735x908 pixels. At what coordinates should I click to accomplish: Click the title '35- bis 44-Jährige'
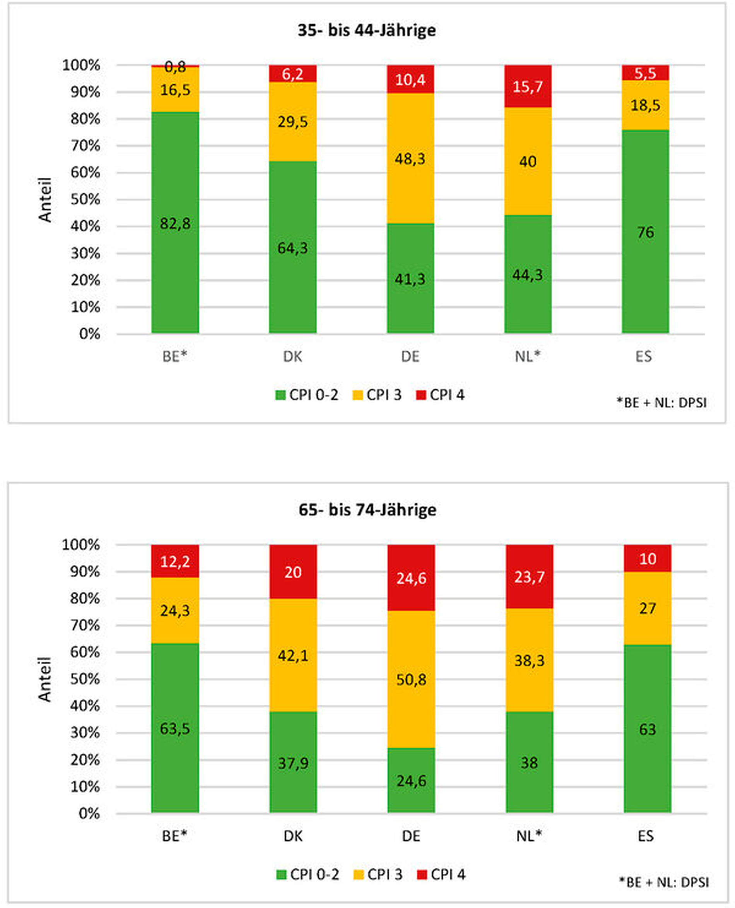pos(367,31)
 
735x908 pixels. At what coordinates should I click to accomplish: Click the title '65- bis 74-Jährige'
pos(367,510)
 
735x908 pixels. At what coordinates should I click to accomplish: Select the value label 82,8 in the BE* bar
pos(175,224)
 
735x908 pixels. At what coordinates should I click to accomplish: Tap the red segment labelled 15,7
pos(528,87)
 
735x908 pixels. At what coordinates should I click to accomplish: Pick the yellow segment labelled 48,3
pos(410,158)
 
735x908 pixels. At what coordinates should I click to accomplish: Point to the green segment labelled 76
pos(645,232)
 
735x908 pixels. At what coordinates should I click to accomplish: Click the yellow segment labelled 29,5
pos(292,122)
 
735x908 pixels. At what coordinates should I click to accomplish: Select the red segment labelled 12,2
pos(175,561)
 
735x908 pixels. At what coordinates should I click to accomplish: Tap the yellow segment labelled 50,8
pos(411,679)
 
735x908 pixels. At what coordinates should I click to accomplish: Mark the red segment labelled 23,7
pos(529,576)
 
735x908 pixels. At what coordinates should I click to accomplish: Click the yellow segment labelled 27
pos(647,608)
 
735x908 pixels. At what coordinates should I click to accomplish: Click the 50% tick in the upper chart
pos(85,199)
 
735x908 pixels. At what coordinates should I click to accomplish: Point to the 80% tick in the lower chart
pos(85,598)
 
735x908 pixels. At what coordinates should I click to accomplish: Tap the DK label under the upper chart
pos(292,356)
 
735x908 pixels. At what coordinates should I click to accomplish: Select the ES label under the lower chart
pos(646,836)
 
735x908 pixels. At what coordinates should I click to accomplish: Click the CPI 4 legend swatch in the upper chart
pos(421,395)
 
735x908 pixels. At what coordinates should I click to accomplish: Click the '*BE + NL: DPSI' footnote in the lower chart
pos(663,882)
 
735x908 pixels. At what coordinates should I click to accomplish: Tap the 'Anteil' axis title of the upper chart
pos(45,200)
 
